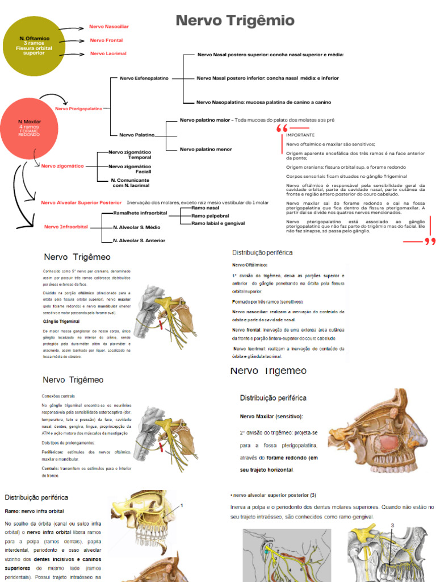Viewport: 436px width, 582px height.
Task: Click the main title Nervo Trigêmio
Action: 235,22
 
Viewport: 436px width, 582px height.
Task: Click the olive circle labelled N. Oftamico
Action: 34,45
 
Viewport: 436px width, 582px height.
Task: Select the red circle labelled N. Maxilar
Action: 30,128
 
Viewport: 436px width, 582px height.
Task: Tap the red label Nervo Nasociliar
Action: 109,27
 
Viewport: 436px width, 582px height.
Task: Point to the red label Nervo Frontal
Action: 106,40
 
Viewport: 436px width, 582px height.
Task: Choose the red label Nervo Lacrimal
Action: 108,53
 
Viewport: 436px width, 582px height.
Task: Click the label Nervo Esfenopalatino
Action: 144,78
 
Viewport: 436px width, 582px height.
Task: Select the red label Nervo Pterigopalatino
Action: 78,108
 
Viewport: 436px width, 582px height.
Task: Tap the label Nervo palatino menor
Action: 206,149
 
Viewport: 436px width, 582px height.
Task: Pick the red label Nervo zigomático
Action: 62,166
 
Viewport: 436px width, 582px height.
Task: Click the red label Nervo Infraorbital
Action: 66,227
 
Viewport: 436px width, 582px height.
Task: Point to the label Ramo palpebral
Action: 210,216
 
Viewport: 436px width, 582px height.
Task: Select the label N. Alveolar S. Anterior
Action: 139,240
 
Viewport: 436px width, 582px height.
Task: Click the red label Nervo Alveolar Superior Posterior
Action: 81,202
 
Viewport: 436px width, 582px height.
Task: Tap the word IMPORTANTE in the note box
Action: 300,135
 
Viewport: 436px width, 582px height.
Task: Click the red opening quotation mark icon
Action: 282,130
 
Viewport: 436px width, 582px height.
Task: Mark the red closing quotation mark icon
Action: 430,242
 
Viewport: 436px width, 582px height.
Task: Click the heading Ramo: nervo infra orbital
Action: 34,511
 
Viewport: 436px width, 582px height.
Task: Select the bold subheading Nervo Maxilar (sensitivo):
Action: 271,417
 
